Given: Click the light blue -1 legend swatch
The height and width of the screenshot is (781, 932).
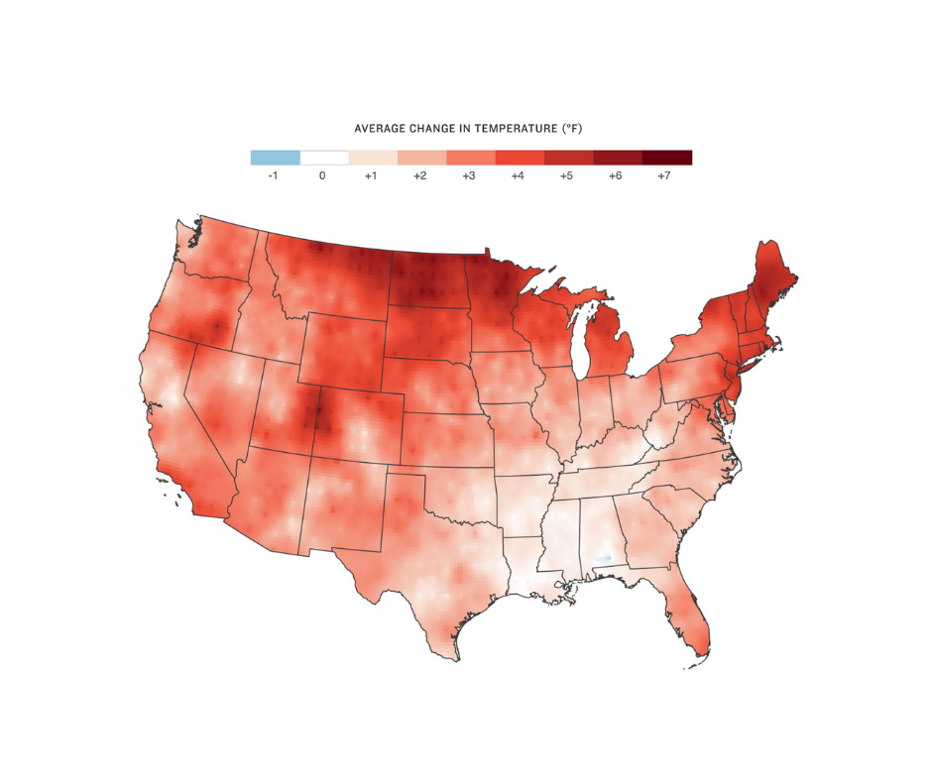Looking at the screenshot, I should point(275,157).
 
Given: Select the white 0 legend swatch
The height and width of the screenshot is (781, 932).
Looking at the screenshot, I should point(324,157).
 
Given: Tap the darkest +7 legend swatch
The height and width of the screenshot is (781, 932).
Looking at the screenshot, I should point(666,157).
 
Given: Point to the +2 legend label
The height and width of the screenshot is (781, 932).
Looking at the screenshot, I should point(421,175).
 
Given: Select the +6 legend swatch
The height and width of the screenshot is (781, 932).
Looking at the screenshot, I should point(618,157).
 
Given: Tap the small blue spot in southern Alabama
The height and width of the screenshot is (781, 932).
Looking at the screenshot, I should point(601,560).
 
